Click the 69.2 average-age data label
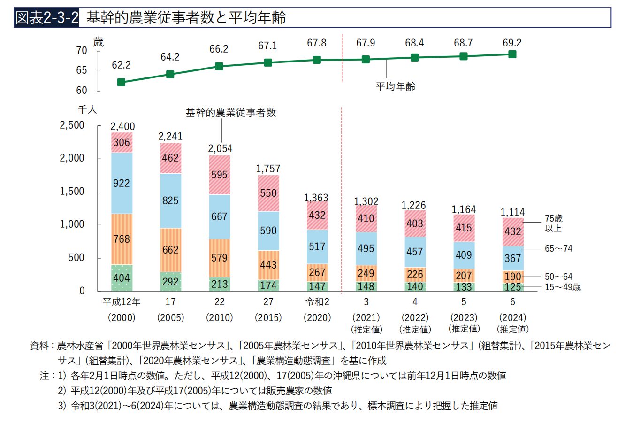pyautogui.click(x=512, y=43)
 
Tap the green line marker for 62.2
pyautogui.click(x=121, y=82)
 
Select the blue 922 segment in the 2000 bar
pyautogui.click(x=122, y=183)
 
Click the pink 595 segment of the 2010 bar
pyautogui.click(x=220, y=175)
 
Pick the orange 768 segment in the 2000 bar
pyautogui.click(x=122, y=239)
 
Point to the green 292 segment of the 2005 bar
pyautogui.click(x=170, y=282)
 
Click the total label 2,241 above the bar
pyautogui.click(x=170, y=136)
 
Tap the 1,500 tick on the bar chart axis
pyautogui.click(x=72, y=192)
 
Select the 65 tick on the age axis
pyautogui.click(x=81, y=70)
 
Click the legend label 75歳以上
pyautogui.click(x=553, y=223)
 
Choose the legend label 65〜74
pyautogui.click(x=558, y=248)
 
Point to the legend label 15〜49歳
pyautogui.click(x=563, y=287)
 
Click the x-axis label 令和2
pyautogui.click(x=317, y=302)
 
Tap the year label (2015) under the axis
pyautogui.click(x=268, y=317)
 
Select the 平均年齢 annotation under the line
pyautogui.click(x=396, y=86)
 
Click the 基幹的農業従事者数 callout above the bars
pyautogui.click(x=230, y=113)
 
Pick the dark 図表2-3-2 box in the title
pyautogui.click(x=46, y=17)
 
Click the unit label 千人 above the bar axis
pyautogui.click(x=87, y=109)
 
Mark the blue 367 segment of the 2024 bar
pyautogui.click(x=512, y=258)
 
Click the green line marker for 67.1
pyautogui.click(x=268, y=62)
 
